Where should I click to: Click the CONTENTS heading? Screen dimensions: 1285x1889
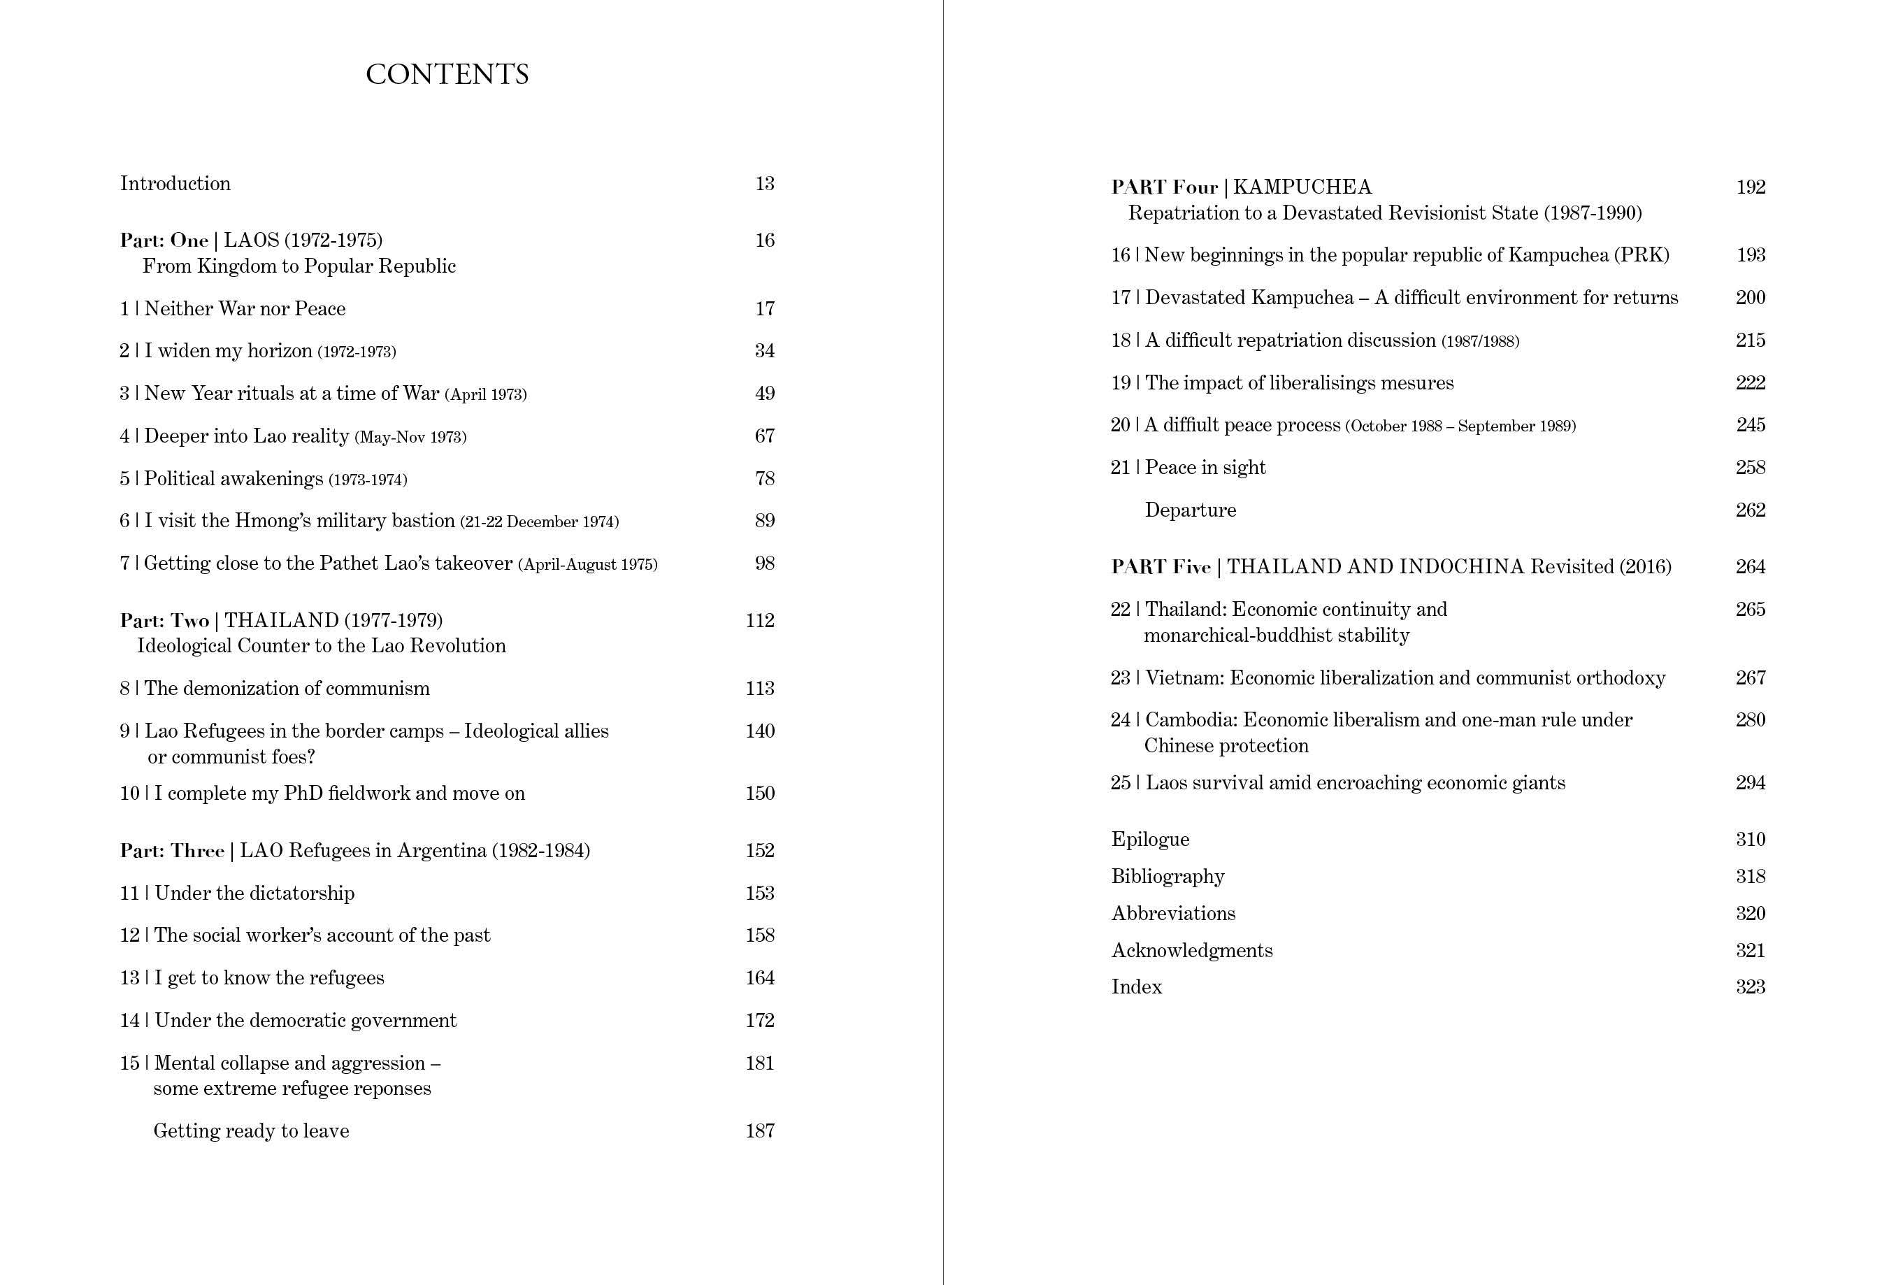click(447, 74)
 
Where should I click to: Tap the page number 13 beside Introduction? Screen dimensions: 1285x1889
click(764, 184)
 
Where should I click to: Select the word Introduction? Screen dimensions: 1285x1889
click(175, 184)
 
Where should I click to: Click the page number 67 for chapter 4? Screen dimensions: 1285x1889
click(764, 436)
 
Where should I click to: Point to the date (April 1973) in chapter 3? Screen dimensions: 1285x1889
click(486, 394)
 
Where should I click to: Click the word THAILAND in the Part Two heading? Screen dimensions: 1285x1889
click(281, 621)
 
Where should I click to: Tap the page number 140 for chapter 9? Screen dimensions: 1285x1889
click(760, 731)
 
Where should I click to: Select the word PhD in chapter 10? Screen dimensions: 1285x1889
click(303, 794)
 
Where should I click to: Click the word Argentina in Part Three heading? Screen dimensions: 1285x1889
click(443, 851)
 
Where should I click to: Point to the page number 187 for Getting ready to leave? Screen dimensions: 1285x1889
click(760, 1131)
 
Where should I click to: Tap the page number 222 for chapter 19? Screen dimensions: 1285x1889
click(1750, 383)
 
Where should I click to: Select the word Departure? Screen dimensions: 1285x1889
click(1190, 510)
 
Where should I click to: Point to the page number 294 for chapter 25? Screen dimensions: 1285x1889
click(1750, 784)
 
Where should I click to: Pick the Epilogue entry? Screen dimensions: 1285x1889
click(1150, 840)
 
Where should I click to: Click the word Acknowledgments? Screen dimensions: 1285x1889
click(1191, 951)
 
